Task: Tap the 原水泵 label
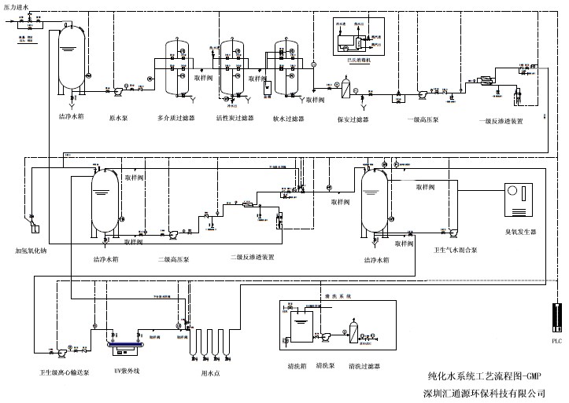click(x=119, y=118)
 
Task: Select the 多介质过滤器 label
click(x=176, y=119)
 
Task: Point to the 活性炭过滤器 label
click(x=235, y=119)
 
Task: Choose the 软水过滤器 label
click(x=291, y=119)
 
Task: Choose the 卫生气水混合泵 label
click(x=456, y=251)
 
